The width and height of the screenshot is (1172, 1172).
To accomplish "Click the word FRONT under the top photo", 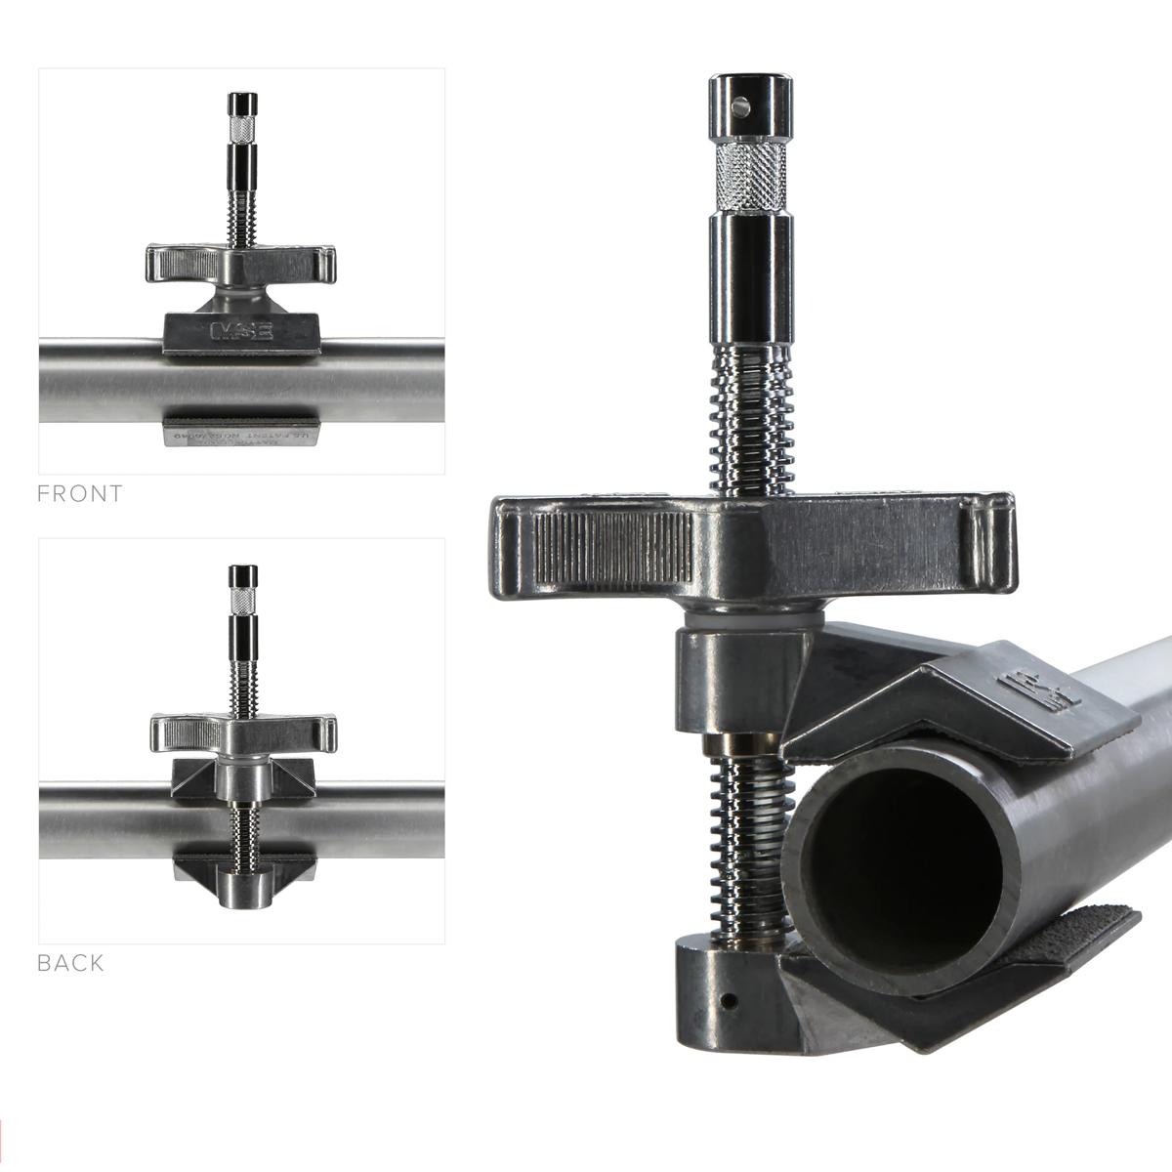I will click(80, 494).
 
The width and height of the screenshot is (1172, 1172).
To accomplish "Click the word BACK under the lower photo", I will click(70, 963).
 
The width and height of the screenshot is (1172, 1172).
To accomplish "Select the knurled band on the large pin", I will click(750, 178).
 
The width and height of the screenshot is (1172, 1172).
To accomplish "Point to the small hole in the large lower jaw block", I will click(729, 1001).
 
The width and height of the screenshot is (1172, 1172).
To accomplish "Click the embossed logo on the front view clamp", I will click(240, 330).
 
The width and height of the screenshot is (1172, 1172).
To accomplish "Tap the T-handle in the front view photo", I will click(240, 264).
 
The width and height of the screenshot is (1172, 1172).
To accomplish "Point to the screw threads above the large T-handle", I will click(750, 420).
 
